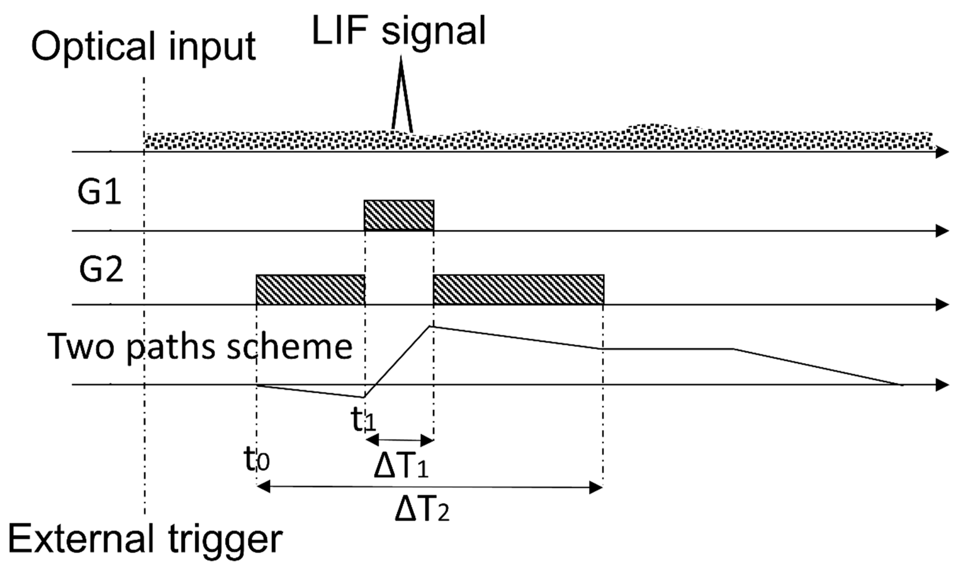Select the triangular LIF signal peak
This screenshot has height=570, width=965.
click(x=401, y=100)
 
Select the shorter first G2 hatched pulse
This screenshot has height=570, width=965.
click(x=310, y=290)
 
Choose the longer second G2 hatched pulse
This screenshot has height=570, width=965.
click(x=518, y=290)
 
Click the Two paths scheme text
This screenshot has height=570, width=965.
click(x=200, y=347)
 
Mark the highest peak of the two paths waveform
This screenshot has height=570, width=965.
click(x=430, y=326)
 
